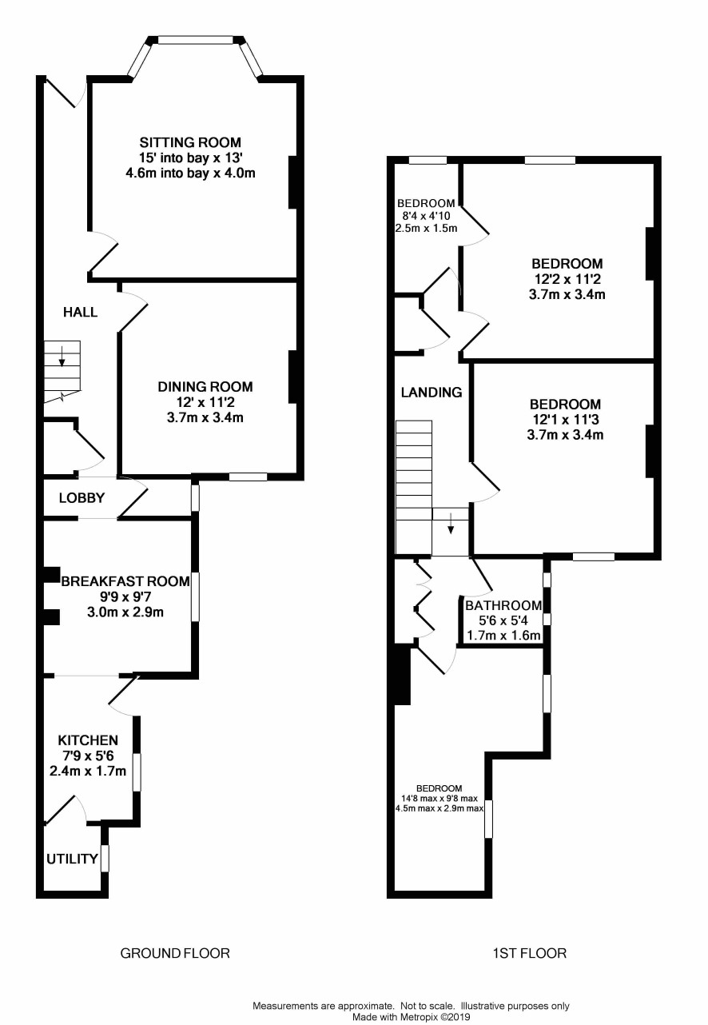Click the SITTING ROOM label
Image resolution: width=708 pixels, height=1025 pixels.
190,142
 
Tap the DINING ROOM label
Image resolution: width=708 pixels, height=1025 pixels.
205,387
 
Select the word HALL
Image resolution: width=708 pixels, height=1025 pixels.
81,312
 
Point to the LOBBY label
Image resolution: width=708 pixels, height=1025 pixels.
82,498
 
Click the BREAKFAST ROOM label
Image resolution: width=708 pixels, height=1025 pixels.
125,581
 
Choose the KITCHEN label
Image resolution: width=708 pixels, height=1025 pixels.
88,740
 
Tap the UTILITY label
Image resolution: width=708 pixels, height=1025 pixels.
72,859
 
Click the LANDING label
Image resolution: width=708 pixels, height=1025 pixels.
432,392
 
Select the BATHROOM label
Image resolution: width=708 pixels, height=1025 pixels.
503,605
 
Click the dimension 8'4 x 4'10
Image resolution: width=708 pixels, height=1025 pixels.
424,216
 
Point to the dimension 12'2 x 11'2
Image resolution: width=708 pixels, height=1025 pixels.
567,279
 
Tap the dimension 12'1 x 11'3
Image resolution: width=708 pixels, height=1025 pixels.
565,419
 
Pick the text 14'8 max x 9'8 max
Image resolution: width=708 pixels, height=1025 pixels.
439,799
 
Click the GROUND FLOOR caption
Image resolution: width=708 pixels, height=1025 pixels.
175,953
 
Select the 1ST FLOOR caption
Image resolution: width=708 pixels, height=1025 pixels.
530,953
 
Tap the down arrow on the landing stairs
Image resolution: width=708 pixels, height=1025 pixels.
451,524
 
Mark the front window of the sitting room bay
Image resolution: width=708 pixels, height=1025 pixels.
195,40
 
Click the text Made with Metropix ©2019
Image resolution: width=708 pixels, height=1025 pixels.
411,1017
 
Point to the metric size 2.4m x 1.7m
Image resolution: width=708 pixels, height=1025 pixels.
88,771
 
